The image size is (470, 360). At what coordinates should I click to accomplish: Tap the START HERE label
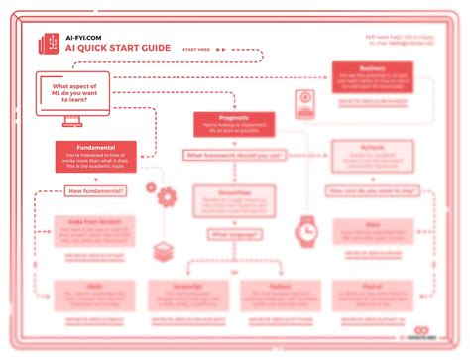(197, 48)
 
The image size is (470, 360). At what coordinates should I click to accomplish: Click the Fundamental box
(95, 157)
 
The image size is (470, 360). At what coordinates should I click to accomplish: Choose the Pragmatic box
(234, 124)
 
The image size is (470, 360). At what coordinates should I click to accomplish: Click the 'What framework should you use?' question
(234, 155)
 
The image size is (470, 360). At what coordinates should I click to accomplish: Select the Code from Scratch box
(95, 230)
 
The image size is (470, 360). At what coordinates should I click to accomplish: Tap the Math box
(95, 295)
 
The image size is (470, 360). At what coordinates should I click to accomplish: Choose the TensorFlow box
(234, 202)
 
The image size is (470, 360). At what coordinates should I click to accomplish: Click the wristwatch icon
(304, 230)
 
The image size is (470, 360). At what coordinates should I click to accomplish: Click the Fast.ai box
(373, 295)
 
